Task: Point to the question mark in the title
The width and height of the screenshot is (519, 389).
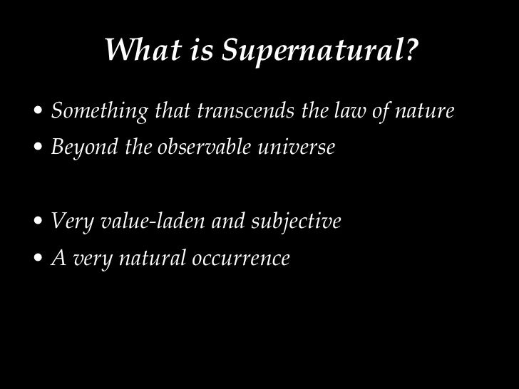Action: [x=411, y=51]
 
